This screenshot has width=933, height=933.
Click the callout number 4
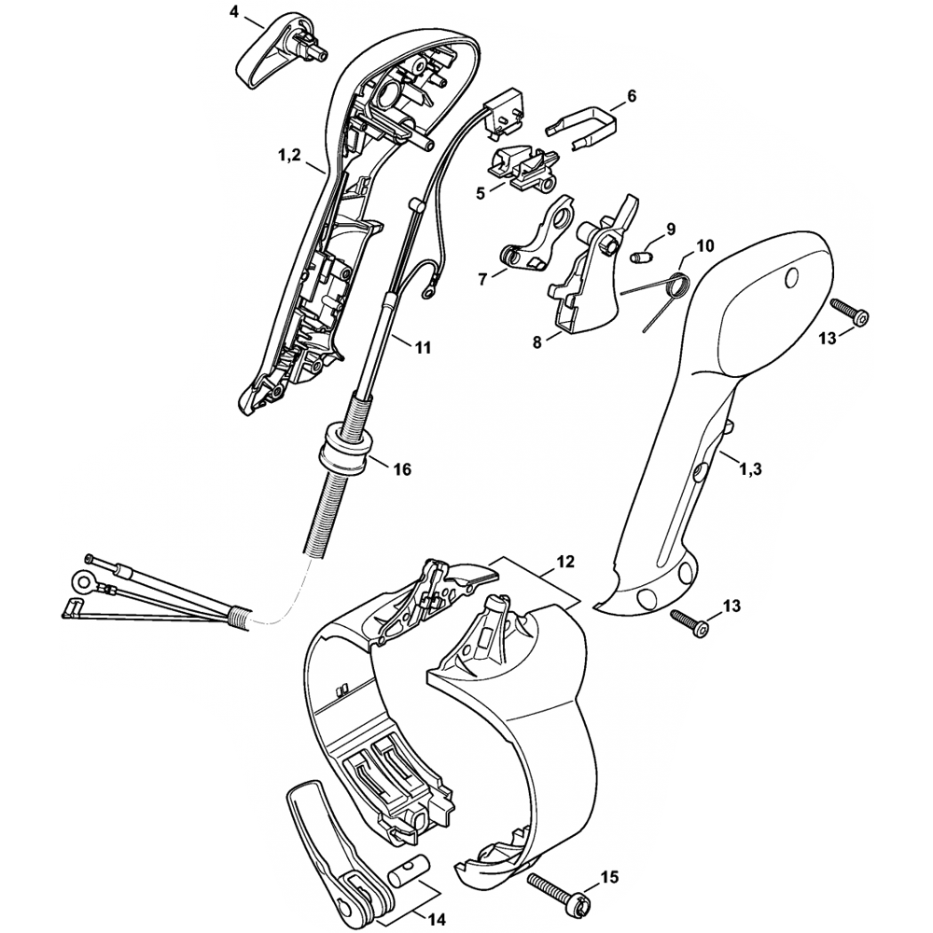(233, 12)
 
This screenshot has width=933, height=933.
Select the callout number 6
(631, 96)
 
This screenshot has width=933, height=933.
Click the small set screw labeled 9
(641, 256)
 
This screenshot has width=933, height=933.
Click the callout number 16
(401, 469)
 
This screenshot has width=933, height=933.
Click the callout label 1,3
(751, 469)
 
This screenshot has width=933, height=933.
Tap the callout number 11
(423, 347)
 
